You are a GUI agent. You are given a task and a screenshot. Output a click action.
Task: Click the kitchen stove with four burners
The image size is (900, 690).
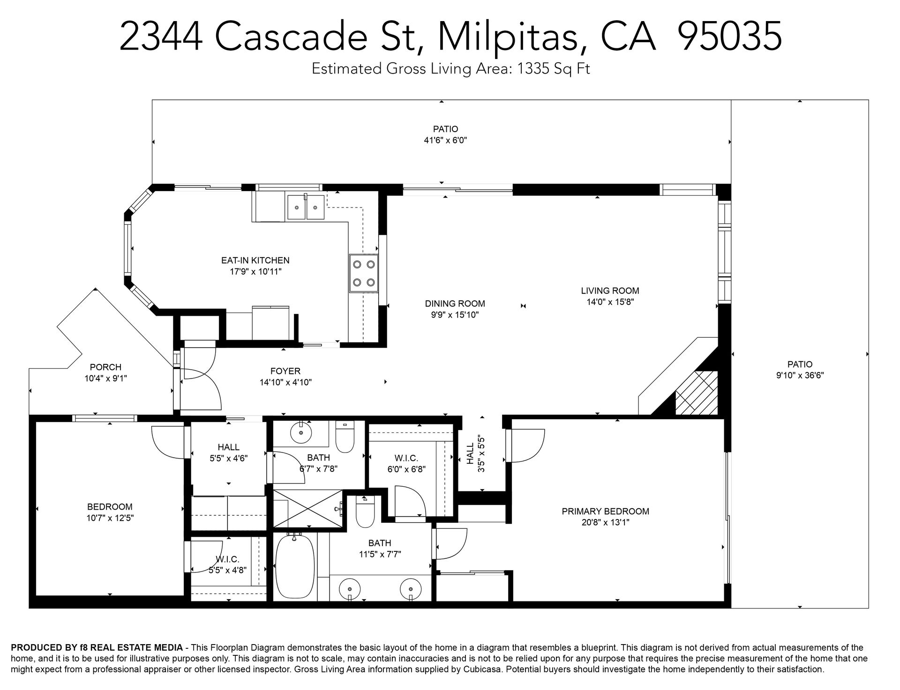tap(364, 274)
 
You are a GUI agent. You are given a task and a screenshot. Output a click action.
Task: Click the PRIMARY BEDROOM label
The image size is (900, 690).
tap(605, 511)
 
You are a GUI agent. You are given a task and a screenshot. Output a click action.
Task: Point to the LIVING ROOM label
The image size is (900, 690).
tap(610, 291)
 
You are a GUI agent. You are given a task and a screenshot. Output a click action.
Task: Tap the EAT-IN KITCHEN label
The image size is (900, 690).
tap(255, 260)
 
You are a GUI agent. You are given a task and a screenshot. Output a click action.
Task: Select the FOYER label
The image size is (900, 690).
tap(285, 371)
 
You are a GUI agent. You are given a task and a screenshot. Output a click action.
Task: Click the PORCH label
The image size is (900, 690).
tap(105, 367)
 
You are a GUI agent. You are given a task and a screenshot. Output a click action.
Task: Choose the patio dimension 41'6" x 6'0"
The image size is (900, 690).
tap(445, 140)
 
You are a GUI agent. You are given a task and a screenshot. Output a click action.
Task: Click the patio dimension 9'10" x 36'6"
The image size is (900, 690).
tap(800, 375)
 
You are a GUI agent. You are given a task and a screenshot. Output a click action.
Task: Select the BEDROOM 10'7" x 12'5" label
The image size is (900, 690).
tap(110, 512)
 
